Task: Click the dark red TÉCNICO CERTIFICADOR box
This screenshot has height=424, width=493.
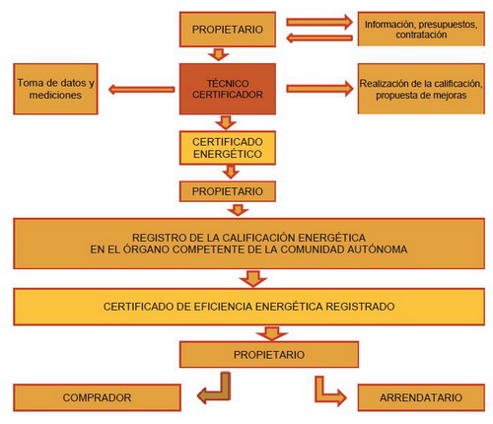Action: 228,89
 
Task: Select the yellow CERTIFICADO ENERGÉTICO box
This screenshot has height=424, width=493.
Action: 228,148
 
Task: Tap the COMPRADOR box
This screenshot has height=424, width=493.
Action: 97,397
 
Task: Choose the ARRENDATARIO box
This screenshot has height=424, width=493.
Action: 421,397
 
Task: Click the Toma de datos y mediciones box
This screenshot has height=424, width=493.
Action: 55,89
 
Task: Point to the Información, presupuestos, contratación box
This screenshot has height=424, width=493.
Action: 421,29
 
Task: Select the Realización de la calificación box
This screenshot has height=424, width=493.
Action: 421,89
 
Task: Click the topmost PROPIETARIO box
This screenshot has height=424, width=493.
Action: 228,30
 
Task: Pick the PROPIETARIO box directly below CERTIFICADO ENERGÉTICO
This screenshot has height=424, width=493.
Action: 228,191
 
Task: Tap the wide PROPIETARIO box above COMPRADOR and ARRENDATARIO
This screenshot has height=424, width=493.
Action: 269,354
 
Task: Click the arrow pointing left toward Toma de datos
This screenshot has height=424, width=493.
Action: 142,90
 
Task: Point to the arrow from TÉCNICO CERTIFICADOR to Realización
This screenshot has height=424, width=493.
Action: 319,89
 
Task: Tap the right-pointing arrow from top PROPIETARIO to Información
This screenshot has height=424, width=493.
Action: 319,22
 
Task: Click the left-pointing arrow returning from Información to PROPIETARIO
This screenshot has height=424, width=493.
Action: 319,38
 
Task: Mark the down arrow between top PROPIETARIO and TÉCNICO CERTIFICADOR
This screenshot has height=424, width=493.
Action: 219,54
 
